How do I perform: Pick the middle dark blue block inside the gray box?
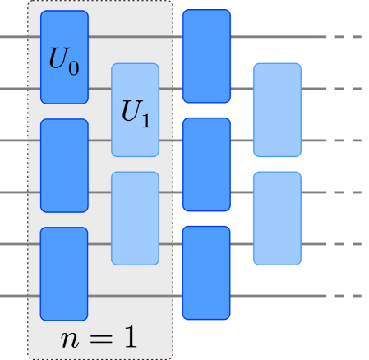(64, 165)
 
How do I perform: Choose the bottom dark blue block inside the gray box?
(64, 274)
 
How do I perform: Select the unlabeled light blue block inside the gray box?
(135, 218)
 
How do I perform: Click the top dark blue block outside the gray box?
(206, 56)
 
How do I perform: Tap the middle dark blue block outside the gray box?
(206, 164)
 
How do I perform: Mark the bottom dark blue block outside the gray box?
(206, 272)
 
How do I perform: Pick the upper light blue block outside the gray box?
(277, 109)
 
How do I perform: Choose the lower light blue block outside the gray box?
(277, 218)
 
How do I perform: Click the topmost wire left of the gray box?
(13, 37)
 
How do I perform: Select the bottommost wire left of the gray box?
(13, 296)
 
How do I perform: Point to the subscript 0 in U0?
(74, 68)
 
